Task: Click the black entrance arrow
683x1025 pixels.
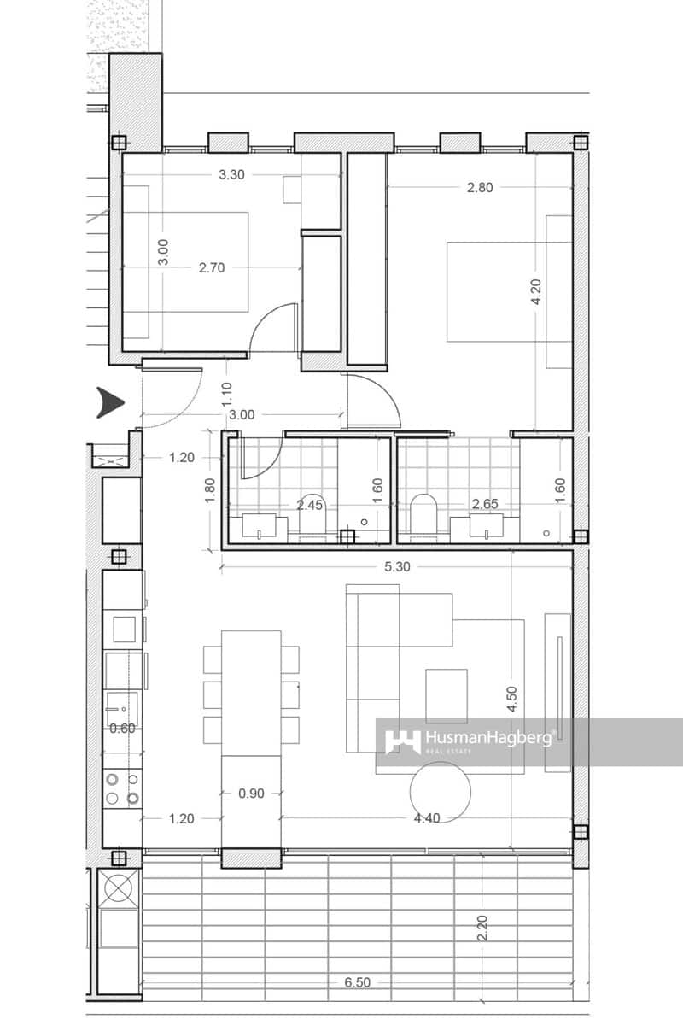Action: [x=112, y=403]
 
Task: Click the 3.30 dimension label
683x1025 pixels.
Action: [x=232, y=175]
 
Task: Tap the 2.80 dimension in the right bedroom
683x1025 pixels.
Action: [x=480, y=188]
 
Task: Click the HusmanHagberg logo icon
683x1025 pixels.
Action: [x=402, y=741]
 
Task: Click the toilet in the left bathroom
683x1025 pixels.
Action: [x=314, y=510]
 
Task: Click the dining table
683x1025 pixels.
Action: [x=251, y=693]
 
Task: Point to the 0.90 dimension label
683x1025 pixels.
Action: [x=251, y=793]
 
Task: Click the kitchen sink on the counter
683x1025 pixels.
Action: [x=121, y=706]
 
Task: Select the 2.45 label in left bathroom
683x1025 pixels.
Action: [x=310, y=505]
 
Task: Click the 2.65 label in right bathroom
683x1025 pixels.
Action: [x=484, y=504]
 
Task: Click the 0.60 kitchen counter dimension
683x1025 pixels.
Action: [x=122, y=729]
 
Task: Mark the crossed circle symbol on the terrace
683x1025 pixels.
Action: [x=118, y=888]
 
